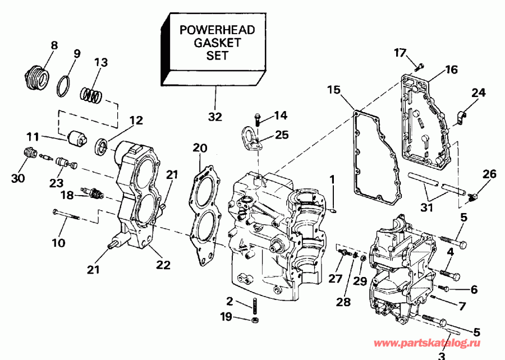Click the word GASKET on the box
click(x=218, y=43)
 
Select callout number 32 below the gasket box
click(x=215, y=117)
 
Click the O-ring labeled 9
click(x=65, y=86)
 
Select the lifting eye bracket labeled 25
click(x=250, y=139)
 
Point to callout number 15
click(x=334, y=90)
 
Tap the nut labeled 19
click(x=253, y=320)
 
